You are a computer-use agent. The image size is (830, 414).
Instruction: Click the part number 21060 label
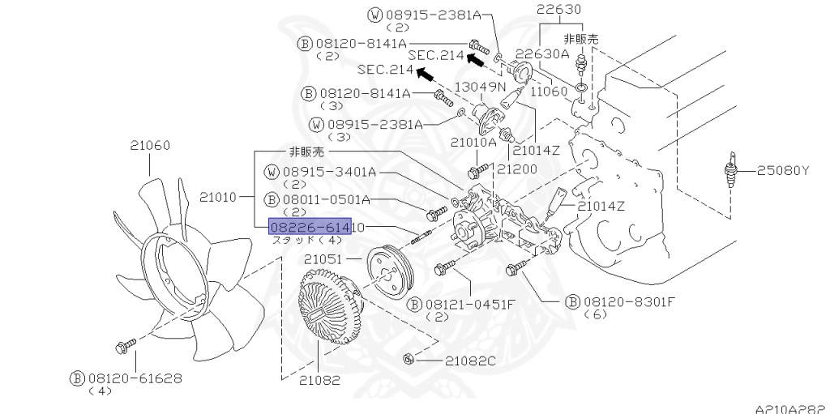click(150, 145)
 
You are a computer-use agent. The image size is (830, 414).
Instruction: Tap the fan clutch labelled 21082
click(328, 307)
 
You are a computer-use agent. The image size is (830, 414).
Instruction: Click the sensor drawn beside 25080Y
click(731, 169)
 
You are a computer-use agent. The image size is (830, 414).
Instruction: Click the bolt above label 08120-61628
click(126, 346)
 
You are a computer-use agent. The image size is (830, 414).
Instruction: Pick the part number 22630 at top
click(559, 9)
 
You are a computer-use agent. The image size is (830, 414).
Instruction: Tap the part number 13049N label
click(476, 87)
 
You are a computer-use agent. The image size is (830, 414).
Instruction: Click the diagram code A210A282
click(791, 409)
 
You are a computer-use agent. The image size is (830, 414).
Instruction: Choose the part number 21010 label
click(218, 198)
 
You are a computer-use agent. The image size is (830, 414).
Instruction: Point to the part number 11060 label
click(549, 91)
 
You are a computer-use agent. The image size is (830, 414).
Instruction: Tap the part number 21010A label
click(473, 143)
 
